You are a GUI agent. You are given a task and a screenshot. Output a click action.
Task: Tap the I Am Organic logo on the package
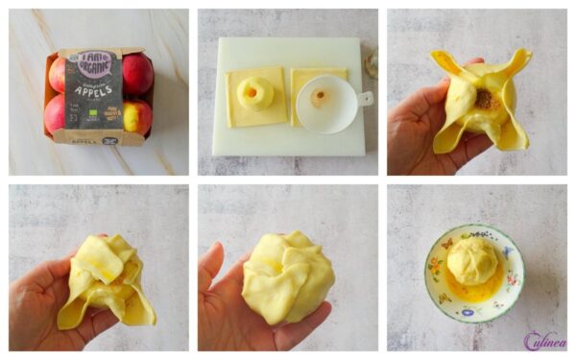98,64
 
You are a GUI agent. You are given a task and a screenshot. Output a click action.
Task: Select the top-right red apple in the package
136,73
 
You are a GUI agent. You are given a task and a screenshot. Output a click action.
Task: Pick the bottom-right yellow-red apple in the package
136,115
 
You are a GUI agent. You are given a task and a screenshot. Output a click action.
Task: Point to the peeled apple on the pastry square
255,93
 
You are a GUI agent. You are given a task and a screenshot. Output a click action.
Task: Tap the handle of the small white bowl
365,98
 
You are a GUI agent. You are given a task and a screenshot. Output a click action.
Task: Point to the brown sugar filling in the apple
486,98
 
